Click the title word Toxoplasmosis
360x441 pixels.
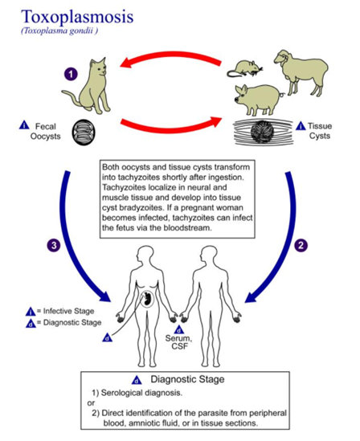[77, 16]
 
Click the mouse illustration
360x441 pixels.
[244, 68]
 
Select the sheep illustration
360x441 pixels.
[301, 72]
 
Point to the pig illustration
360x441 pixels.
[258, 100]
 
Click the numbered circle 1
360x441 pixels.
[71, 74]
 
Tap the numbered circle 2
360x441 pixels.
[301, 245]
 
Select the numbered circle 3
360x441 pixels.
[53, 245]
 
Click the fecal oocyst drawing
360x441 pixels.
[84, 133]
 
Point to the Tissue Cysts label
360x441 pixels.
[320, 131]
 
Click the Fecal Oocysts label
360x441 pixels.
[45, 132]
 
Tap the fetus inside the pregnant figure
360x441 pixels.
[146, 299]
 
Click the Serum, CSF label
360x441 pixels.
[179, 342]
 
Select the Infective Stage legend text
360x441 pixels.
[68, 311]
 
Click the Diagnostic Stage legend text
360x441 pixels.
[72, 322]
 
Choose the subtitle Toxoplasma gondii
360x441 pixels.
[59, 31]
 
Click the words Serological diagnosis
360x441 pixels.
[141, 393]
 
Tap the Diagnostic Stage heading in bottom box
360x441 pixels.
[187, 379]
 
